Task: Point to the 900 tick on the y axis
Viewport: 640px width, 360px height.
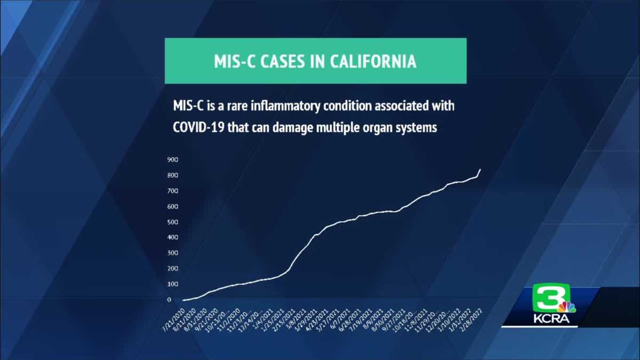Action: (172, 159)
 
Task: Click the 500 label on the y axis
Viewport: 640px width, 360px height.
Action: (172, 222)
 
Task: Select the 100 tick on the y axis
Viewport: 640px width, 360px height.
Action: (172, 284)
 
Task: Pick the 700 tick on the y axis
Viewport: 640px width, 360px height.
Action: (172, 191)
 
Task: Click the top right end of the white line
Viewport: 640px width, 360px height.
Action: (481, 170)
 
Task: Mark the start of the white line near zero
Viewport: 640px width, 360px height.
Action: (183, 300)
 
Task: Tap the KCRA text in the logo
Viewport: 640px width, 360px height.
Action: (551, 319)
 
